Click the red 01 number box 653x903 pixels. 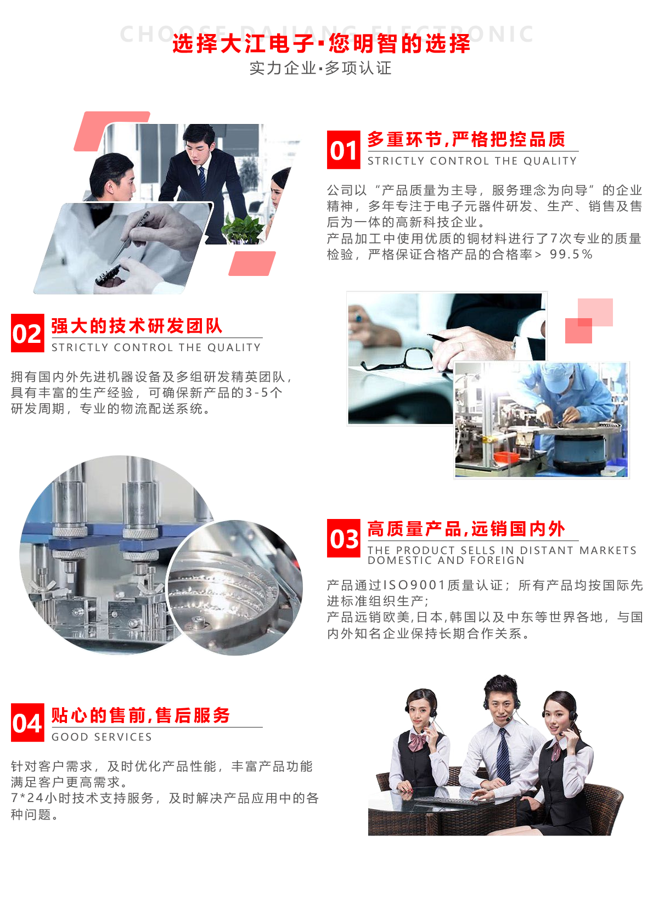pyautogui.click(x=344, y=150)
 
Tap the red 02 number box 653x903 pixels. pyautogui.click(x=27, y=333)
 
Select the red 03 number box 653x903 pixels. pyautogui.click(x=344, y=538)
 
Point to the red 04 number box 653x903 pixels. pyautogui.click(x=27, y=723)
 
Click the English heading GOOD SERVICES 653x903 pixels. pyautogui.click(x=102, y=737)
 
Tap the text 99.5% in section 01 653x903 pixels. pyautogui.click(x=571, y=255)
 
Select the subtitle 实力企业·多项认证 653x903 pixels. pyautogui.click(x=320, y=68)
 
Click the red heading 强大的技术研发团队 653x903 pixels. pyautogui.click(x=137, y=326)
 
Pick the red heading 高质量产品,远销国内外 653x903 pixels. pyautogui.click(x=466, y=529)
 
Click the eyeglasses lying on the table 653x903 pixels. pyautogui.click(x=397, y=358)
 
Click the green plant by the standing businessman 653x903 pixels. pyautogui.click(x=243, y=229)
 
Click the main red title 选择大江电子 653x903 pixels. pyautogui.click(x=243, y=43)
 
